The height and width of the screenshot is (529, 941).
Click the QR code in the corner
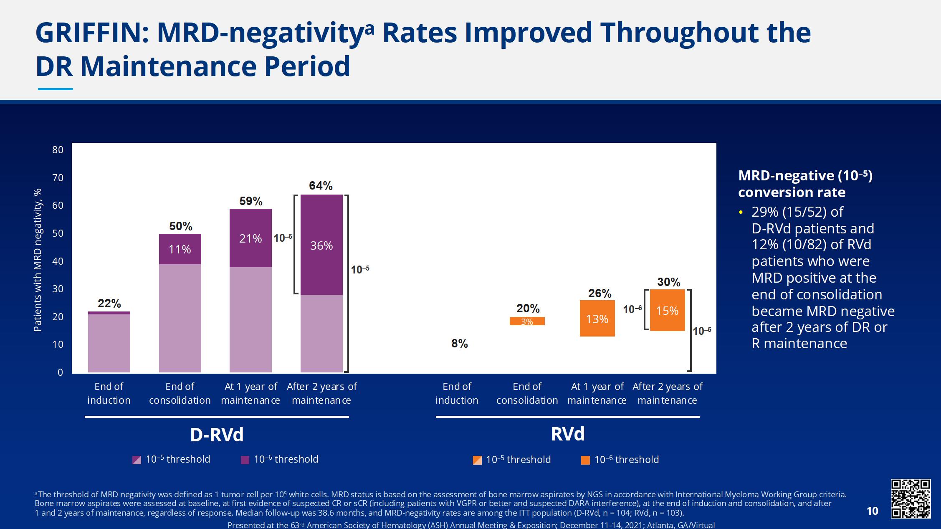(911, 499)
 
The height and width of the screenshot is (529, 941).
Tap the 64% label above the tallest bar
(321, 186)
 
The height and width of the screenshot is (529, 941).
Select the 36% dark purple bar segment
(321, 245)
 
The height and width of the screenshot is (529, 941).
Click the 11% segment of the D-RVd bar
(180, 249)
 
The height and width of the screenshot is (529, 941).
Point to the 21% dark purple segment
(250, 238)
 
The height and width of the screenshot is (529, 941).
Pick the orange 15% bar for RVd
(667, 311)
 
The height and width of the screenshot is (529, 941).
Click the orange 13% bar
(597, 319)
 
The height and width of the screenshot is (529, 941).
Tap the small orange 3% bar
(527, 321)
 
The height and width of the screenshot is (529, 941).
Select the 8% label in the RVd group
(459, 344)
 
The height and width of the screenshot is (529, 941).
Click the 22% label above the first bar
(109, 304)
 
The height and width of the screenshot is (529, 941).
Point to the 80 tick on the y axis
(58, 150)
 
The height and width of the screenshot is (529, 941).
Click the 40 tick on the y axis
(58, 261)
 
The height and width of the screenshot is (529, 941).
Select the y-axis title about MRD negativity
(38, 260)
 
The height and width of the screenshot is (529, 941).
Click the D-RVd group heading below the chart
(217, 435)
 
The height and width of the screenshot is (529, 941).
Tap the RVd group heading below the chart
(567, 434)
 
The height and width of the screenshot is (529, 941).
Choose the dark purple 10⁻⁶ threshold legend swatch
(245, 460)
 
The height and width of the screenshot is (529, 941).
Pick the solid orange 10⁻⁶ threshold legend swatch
(585, 460)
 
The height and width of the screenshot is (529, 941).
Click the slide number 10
(872, 511)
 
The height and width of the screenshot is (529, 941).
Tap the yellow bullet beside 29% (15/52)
(741, 213)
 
